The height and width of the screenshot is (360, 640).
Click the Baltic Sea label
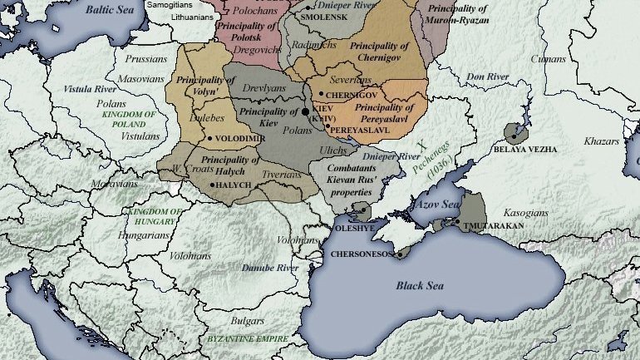click(x=112, y=10)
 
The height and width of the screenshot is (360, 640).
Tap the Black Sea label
click(x=420, y=286)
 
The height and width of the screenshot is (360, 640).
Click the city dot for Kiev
click(x=305, y=111)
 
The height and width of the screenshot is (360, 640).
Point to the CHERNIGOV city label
click(x=351, y=96)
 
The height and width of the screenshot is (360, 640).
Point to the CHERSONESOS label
click(x=361, y=254)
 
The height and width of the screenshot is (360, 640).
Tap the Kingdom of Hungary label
click(x=151, y=217)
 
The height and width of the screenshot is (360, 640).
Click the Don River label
click(x=487, y=77)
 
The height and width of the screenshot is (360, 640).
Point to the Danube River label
click(x=270, y=269)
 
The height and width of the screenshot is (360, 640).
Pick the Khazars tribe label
click(x=602, y=142)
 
